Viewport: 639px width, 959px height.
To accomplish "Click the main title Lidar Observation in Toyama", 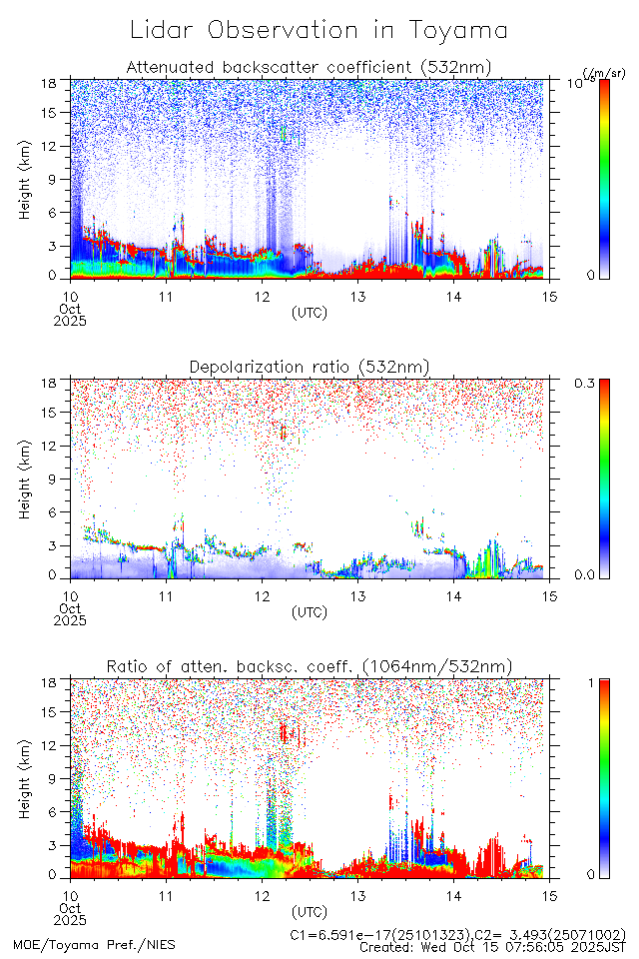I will point(319,30).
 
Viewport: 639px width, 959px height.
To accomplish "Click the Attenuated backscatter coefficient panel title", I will point(309,67).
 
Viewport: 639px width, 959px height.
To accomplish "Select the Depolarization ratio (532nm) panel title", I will point(309,367).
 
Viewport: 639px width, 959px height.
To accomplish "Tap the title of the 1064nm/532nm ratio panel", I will point(309,666).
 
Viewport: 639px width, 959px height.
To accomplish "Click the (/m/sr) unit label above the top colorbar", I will point(603,73).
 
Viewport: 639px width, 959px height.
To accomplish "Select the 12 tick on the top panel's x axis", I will point(262,297).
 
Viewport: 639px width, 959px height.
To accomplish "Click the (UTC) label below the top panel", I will point(310,313).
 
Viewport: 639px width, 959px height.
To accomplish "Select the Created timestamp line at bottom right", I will point(492,947).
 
